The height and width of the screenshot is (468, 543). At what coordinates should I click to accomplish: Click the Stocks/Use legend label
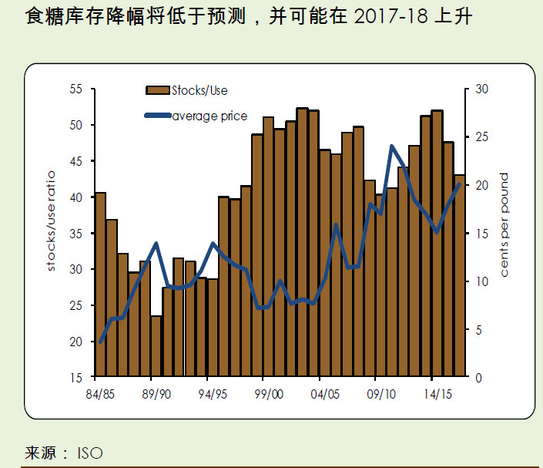click(199, 91)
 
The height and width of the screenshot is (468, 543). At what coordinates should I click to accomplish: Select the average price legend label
click(209, 116)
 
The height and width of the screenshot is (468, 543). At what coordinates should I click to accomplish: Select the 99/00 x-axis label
click(268, 394)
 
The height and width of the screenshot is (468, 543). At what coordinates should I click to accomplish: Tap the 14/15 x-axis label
click(437, 394)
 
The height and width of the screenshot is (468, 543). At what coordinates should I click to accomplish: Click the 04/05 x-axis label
click(325, 394)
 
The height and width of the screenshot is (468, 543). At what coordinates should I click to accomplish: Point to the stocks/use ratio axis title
click(52, 233)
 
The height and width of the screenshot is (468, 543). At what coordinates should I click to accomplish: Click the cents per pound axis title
click(505, 225)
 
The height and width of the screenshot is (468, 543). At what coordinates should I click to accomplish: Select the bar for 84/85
click(100, 285)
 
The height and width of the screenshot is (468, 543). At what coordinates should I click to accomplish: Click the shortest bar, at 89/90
click(156, 346)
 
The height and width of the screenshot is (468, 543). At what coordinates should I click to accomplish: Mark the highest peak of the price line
click(392, 146)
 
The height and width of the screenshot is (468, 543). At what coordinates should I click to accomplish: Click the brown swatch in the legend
click(158, 91)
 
